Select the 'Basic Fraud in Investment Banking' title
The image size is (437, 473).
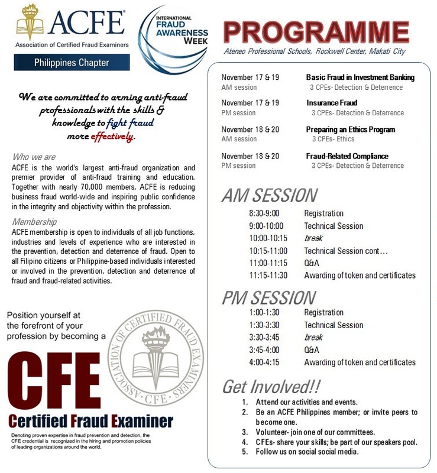[x=360, y=77]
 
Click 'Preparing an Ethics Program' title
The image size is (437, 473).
[x=350, y=129]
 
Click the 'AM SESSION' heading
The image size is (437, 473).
[x=269, y=195]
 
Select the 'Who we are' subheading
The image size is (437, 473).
[x=33, y=157]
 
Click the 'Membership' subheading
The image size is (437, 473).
[x=35, y=222]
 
